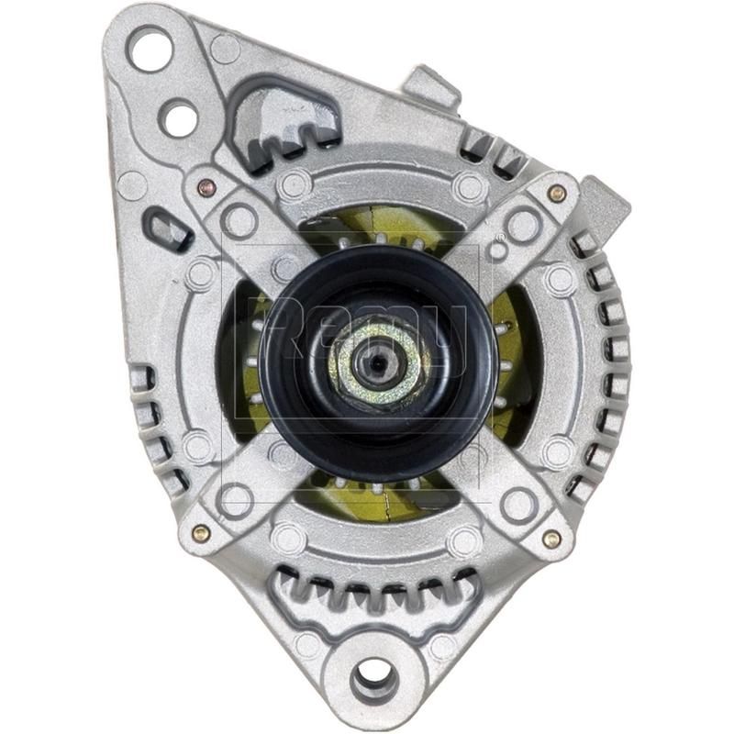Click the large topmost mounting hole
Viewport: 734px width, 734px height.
coord(150,48)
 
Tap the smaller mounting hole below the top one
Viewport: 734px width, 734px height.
coord(179,117)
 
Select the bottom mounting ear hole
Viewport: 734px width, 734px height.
coord(374,679)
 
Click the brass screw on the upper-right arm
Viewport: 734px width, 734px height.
coord(556,193)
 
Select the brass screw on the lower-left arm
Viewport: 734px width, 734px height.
coord(201,532)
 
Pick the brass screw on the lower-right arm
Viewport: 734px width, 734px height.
coord(551,539)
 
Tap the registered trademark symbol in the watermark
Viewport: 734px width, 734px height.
coord(496,250)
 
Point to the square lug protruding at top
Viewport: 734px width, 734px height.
coord(431,87)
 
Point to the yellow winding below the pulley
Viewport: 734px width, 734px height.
coord(385,500)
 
